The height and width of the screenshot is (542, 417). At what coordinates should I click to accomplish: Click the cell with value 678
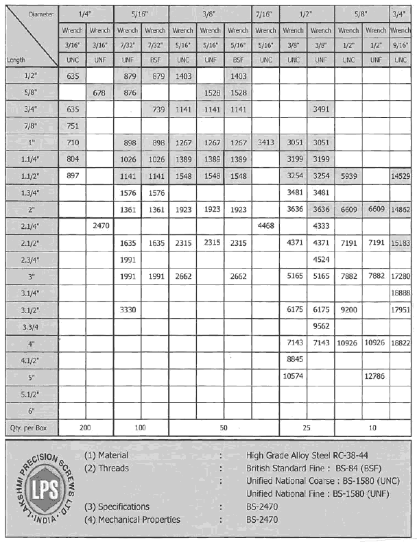point(99,93)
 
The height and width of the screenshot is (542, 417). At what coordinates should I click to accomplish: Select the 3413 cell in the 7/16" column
point(265,143)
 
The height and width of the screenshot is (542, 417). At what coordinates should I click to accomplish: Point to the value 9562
point(320,325)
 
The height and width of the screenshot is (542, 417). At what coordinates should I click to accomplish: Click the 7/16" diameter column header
point(265,13)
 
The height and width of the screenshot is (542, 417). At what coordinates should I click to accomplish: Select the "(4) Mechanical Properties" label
point(132,519)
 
